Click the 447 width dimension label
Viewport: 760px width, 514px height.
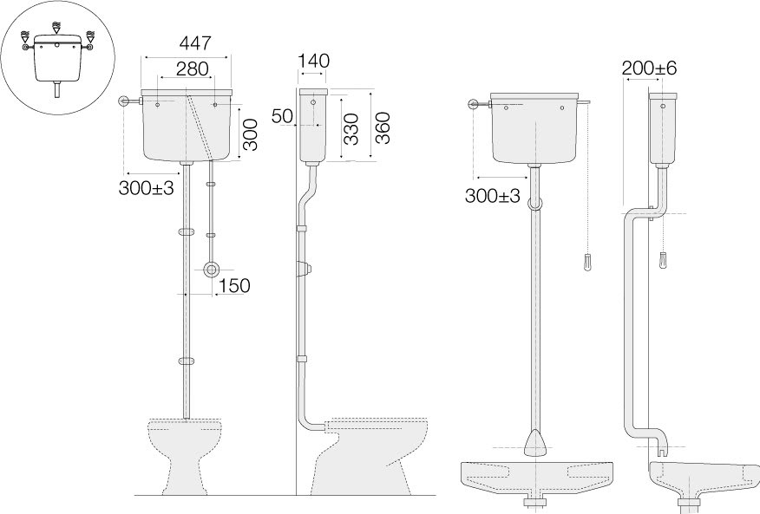[x=195, y=43]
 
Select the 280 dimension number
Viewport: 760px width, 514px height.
[x=193, y=68]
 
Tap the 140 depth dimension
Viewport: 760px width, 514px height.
[x=313, y=61]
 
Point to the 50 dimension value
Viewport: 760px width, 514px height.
[x=282, y=116]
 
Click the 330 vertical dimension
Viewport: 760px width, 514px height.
[x=351, y=129]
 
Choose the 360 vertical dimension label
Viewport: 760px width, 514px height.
[x=383, y=128]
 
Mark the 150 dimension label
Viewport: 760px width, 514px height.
[x=234, y=286]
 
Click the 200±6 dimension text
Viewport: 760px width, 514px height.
[x=649, y=68]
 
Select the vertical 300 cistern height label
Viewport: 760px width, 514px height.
[x=250, y=134]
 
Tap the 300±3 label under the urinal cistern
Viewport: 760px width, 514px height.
[x=493, y=196]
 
